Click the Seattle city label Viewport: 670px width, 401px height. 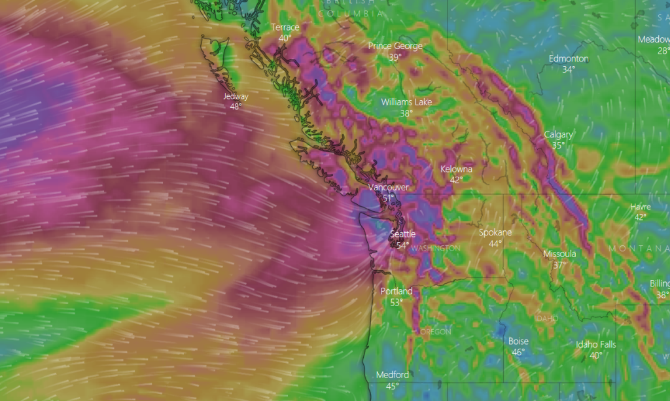tap(402, 234)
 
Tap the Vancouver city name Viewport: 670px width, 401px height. tap(388, 187)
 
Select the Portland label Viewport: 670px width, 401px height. tap(397, 291)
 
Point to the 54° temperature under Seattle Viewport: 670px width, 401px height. tap(402, 245)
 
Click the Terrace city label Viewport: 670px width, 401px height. tap(285, 27)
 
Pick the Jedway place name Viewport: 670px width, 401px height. tap(236, 96)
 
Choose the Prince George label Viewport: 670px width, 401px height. tap(395, 46)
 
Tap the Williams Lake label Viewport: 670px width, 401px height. tap(406, 102)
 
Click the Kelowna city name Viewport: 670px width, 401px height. tap(456, 169)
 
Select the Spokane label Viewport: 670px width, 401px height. tap(495, 232)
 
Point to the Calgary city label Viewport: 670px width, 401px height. tap(558, 135)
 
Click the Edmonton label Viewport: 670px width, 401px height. tap(569, 58)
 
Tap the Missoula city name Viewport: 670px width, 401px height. tap(559, 254)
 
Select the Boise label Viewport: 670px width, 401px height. tap(518, 341)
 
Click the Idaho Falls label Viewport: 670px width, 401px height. tap(595, 345)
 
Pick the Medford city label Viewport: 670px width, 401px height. tap(393, 375)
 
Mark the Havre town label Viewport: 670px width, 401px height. tap(641, 207)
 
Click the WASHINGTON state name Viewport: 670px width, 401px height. tap(437, 249)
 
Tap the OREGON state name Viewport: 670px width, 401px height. tap(435, 332)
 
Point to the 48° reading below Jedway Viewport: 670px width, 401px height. tap(236, 107)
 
